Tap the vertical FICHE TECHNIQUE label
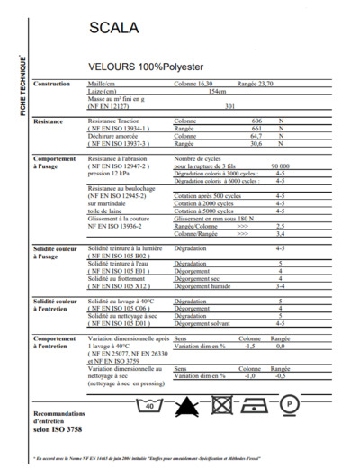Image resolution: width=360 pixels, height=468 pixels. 22,85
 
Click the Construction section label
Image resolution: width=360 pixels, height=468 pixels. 51,84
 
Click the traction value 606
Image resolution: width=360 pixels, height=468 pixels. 256,121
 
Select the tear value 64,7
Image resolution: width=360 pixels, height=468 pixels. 256,135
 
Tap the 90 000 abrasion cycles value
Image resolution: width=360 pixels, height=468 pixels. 280,166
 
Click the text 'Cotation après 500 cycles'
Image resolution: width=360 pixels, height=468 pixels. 209,194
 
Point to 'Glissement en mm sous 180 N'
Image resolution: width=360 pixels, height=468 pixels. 213,218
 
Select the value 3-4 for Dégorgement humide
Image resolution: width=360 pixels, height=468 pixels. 280,286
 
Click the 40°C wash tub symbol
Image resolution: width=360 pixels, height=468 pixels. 152,405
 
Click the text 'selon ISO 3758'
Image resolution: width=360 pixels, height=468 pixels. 58,432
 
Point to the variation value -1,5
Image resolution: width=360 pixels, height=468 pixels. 250,346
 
